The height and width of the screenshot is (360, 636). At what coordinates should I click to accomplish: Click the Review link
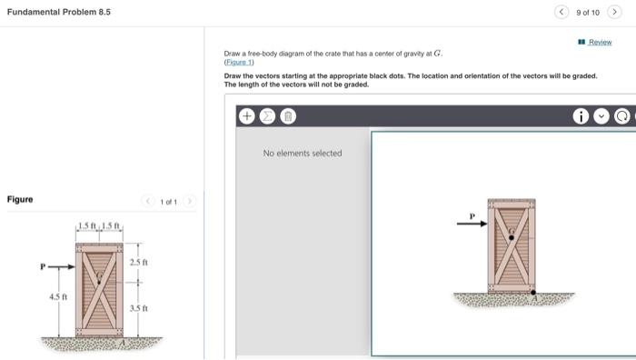pos(600,42)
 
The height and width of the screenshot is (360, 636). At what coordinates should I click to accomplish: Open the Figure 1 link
pos(239,62)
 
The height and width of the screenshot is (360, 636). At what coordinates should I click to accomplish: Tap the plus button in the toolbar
pos(246,116)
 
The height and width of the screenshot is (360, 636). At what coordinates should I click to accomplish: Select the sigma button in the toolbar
pos(267,116)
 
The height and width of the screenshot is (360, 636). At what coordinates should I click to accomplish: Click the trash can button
pos(288,116)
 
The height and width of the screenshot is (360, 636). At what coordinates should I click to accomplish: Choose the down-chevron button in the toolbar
pos(601,116)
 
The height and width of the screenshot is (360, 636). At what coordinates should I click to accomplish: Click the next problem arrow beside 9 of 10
pos(614,12)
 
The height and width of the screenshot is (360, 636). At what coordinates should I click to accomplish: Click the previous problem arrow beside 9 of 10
pos(561,12)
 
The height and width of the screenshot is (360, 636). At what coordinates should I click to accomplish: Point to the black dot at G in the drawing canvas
pos(512,237)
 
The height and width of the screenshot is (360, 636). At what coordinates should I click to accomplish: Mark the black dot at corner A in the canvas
pos(533,292)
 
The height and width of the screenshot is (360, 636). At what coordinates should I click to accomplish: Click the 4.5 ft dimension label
pos(58,296)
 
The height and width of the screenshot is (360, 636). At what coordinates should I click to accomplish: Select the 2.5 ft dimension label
pos(139,262)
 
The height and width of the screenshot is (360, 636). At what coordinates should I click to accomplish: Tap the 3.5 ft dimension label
pos(139,308)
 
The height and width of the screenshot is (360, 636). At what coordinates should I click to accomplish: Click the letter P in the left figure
pos(43,266)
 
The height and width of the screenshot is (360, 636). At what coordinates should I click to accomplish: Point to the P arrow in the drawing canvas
pos(472,224)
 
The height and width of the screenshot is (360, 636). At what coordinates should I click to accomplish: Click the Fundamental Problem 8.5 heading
pos(59,12)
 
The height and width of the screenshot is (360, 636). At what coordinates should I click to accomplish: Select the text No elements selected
pos(303,153)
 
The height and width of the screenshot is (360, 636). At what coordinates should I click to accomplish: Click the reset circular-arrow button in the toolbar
pos(621,116)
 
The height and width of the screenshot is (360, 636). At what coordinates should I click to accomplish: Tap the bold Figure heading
pos(20,199)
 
